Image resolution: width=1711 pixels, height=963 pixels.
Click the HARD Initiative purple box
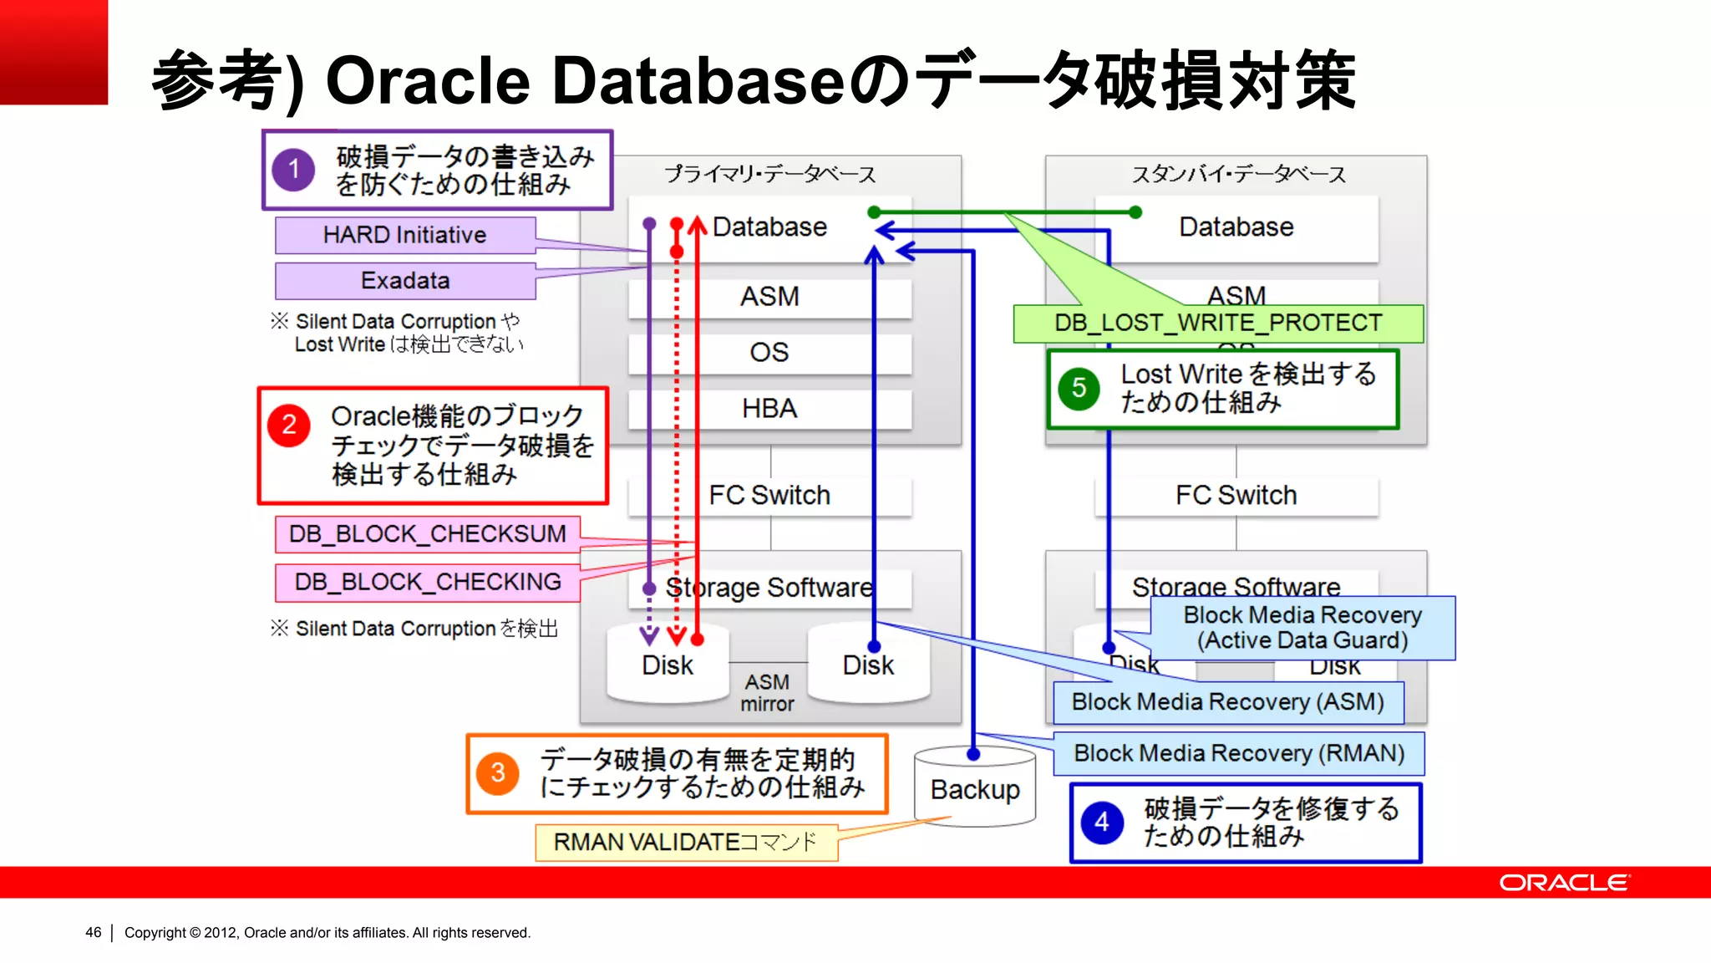[x=405, y=235]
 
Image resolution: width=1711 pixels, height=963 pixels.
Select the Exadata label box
[x=405, y=281]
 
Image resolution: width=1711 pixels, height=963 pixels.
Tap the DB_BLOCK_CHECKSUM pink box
[x=427, y=534]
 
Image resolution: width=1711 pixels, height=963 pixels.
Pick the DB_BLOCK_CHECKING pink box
[x=427, y=582]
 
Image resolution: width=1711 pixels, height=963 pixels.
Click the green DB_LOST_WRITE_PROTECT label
[x=1217, y=324]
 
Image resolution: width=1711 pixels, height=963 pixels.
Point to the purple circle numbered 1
[x=293, y=170]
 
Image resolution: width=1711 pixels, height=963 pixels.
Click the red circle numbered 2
[x=289, y=425]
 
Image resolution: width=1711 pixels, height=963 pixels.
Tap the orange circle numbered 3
[x=497, y=772]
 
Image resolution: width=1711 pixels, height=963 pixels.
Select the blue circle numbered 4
[x=1102, y=823]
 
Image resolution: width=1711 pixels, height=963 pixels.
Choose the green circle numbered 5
[x=1079, y=389]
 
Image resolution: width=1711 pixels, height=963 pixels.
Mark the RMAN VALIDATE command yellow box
[x=685, y=842]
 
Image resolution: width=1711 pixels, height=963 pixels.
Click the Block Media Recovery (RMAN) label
[x=1238, y=754]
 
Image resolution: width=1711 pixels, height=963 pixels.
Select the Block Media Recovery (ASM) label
[x=1227, y=702]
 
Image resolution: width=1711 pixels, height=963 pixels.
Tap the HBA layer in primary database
[x=769, y=409]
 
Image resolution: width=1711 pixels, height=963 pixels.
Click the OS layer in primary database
[x=769, y=353]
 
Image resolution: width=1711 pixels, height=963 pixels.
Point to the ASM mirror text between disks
[x=767, y=693]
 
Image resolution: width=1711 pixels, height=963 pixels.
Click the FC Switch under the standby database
[x=1236, y=496]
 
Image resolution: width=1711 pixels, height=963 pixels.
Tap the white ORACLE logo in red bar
[x=1563, y=883]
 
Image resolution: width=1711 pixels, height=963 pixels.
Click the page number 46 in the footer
[x=93, y=932]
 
